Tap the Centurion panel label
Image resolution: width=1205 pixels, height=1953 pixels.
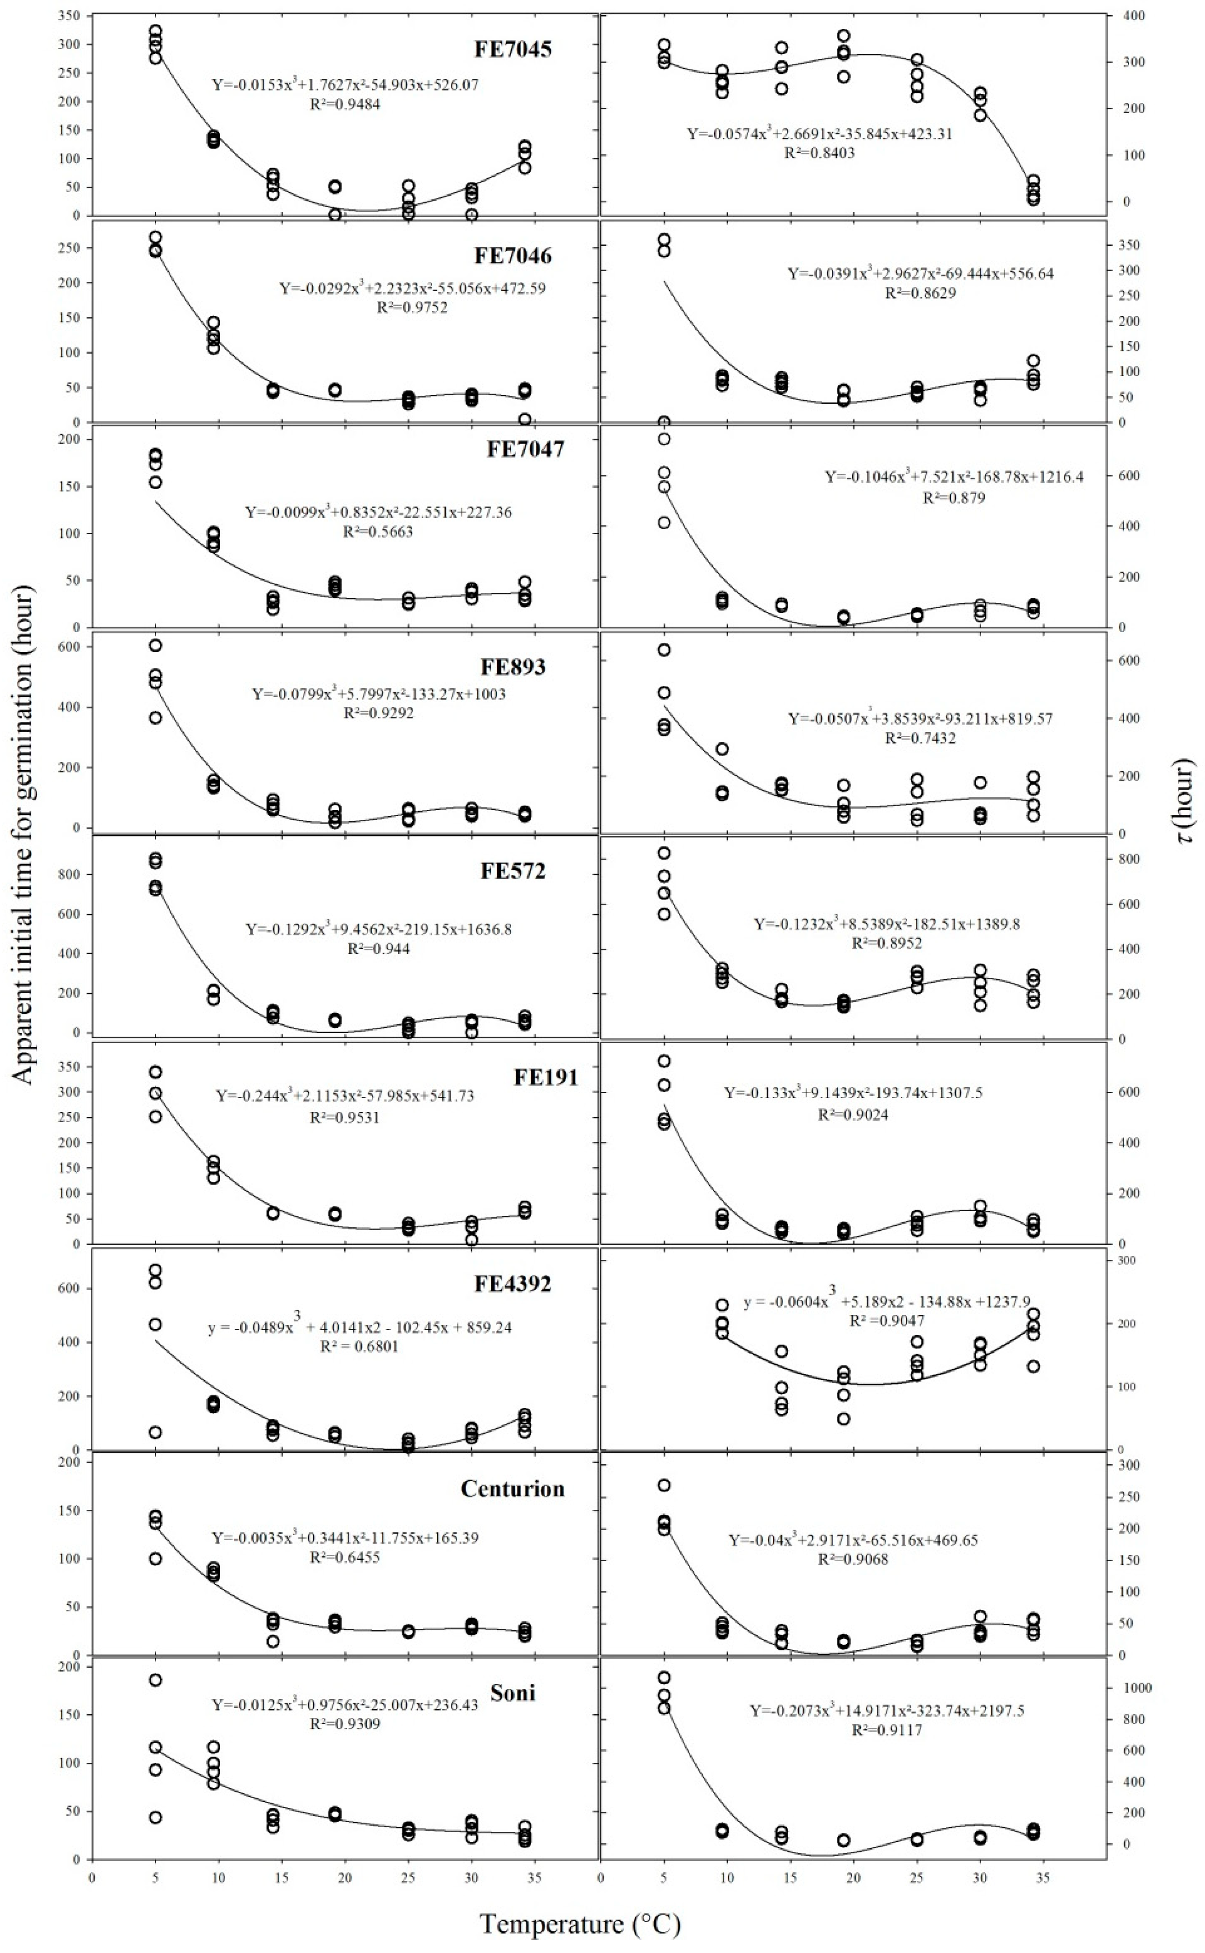pos(512,1489)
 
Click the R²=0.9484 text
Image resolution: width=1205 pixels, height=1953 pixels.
pos(345,103)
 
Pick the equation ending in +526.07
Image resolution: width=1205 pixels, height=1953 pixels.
pos(345,85)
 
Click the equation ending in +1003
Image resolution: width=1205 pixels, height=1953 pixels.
pos(379,694)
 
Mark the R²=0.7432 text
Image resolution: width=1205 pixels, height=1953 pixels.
pos(921,739)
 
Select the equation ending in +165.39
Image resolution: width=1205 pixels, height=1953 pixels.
pos(345,1537)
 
